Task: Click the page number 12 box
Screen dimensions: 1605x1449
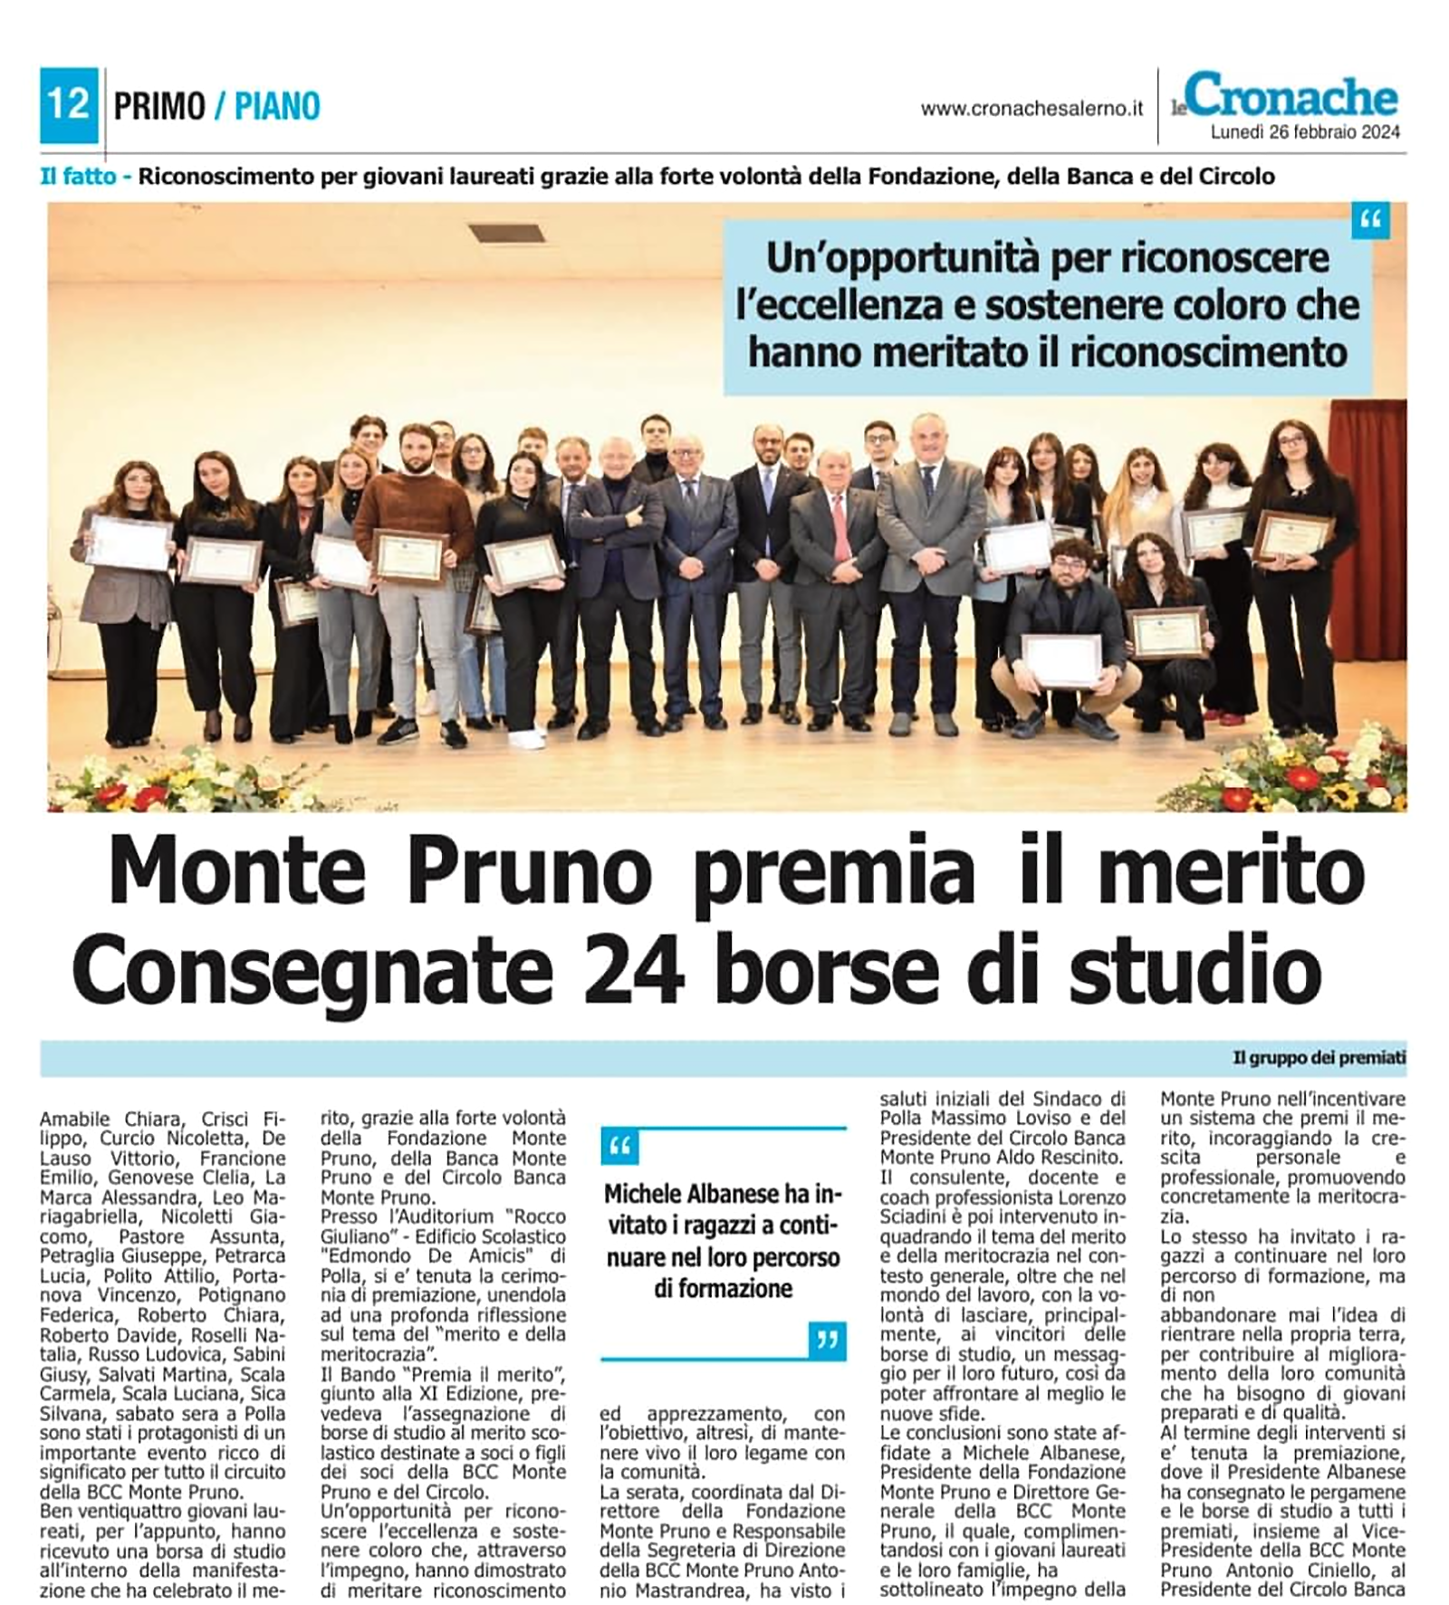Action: pyautogui.click(x=69, y=106)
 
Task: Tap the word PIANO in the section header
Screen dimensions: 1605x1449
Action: pyautogui.click(x=277, y=107)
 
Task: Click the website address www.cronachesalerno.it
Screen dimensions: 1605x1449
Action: pyautogui.click(x=1032, y=110)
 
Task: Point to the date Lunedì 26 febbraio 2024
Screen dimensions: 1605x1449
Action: pyautogui.click(x=1305, y=132)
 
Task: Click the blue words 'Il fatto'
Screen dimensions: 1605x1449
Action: pyautogui.click(x=78, y=177)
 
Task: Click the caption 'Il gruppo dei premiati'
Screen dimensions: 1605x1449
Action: pyautogui.click(x=1319, y=1058)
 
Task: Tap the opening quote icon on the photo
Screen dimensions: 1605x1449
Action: pyautogui.click(x=1370, y=222)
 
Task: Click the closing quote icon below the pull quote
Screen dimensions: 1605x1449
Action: pyautogui.click(x=827, y=1341)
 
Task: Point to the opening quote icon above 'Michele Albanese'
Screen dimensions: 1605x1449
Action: pyautogui.click(x=620, y=1147)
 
